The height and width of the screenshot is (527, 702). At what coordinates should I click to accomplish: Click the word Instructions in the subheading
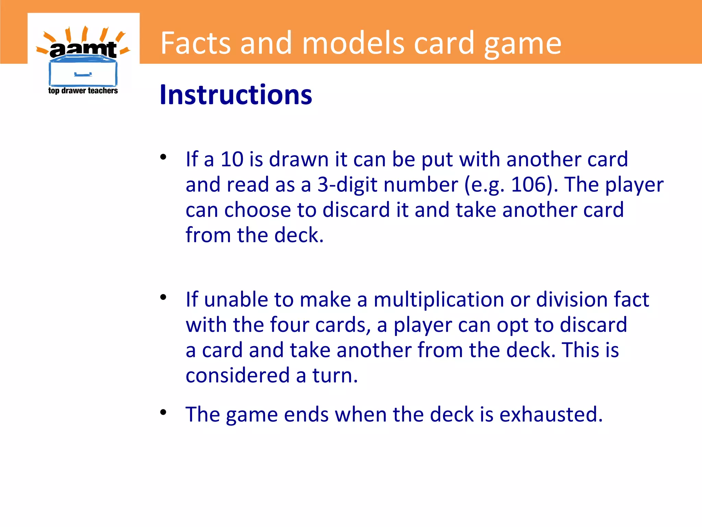[236, 95]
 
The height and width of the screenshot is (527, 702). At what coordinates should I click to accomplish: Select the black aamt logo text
[83, 50]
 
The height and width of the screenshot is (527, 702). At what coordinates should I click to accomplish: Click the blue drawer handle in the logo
[83, 74]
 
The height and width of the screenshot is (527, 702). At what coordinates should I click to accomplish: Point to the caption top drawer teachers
[83, 91]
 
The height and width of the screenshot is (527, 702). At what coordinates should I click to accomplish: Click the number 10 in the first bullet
[232, 159]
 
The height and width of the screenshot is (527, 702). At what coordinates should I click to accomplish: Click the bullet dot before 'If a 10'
[163, 157]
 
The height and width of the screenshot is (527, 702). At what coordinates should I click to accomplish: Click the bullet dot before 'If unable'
[163, 297]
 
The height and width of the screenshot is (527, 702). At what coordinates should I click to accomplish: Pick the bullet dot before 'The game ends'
[163, 412]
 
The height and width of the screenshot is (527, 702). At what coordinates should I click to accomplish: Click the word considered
[237, 375]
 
